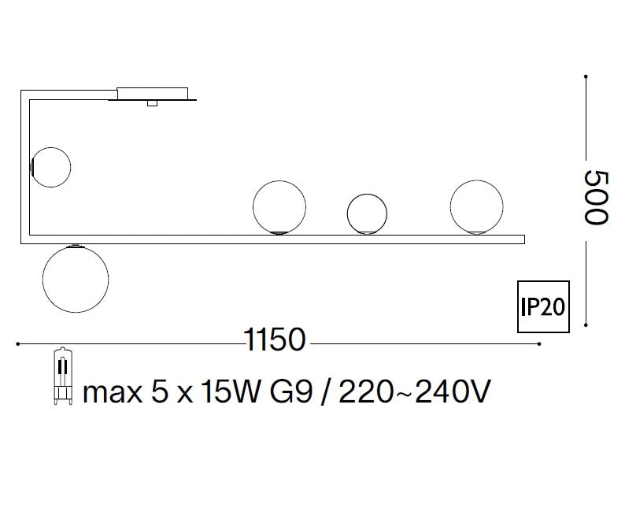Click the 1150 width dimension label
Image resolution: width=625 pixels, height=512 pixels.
tap(275, 339)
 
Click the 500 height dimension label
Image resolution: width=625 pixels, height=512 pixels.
tap(597, 198)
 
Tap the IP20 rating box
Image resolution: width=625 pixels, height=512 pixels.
tap(543, 306)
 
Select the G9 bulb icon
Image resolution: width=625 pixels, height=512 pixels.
tap(64, 377)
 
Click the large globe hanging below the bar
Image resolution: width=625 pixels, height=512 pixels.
tap(76, 279)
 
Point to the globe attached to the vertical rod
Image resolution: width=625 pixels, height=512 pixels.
tap(50, 167)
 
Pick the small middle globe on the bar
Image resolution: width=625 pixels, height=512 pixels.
tap(367, 213)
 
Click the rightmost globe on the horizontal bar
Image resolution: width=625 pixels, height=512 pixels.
tap(476, 207)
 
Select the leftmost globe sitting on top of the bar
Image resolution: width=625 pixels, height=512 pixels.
tap(279, 207)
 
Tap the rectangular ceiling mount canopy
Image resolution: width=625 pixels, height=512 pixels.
tap(153, 94)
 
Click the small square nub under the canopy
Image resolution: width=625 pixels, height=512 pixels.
tap(152, 103)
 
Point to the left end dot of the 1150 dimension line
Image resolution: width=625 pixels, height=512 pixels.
tap(17, 343)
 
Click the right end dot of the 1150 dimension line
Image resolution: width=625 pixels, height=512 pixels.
tap(539, 343)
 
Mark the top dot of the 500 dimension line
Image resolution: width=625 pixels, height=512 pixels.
tap(586, 76)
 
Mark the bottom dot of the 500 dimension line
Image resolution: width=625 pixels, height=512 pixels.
tap(586, 325)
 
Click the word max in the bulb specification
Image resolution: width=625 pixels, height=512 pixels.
tap(113, 392)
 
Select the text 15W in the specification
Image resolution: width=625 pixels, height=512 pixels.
tap(230, 391)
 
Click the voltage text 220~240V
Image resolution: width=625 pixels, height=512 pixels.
tap(414, 391)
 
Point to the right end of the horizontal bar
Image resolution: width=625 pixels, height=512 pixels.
tap(524, 239)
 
